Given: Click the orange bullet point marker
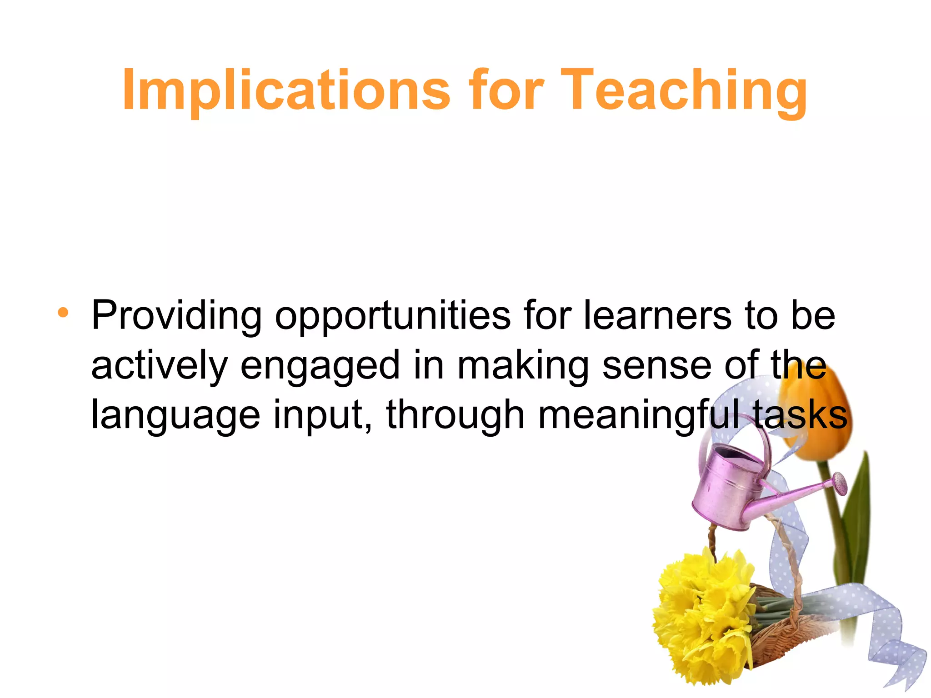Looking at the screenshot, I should (x=63, y=312).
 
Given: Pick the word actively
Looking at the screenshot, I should (x=159, y=366).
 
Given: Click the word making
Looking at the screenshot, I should (x=523, y=366).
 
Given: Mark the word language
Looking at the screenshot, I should (x=175, y=416).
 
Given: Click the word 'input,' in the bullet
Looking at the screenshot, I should (x=323, y=415).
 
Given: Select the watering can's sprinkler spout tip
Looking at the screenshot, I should (x=840, y=483).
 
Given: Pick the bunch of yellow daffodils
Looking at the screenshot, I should (x=702, y=618).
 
